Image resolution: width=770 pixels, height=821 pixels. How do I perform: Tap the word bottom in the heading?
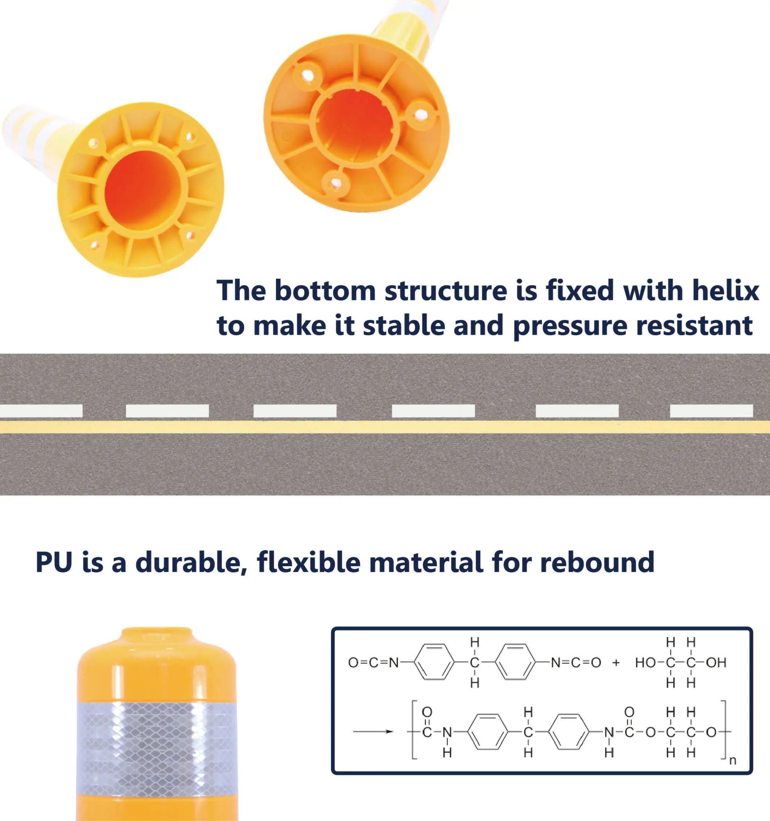(325, 291)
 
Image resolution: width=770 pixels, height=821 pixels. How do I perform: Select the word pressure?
(570, 326)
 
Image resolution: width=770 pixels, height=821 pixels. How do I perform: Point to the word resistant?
(694, 325)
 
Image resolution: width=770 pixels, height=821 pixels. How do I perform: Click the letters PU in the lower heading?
(54, 562)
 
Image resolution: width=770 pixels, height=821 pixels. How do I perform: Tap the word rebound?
(597, 562)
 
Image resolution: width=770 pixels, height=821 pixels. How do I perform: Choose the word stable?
(404, 325)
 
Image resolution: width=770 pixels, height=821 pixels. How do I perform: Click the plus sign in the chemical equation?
(616, 663)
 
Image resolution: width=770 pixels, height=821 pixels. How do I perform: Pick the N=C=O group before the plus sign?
(576, 663)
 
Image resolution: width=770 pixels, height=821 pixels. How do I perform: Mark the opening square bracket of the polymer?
(414, 730)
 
